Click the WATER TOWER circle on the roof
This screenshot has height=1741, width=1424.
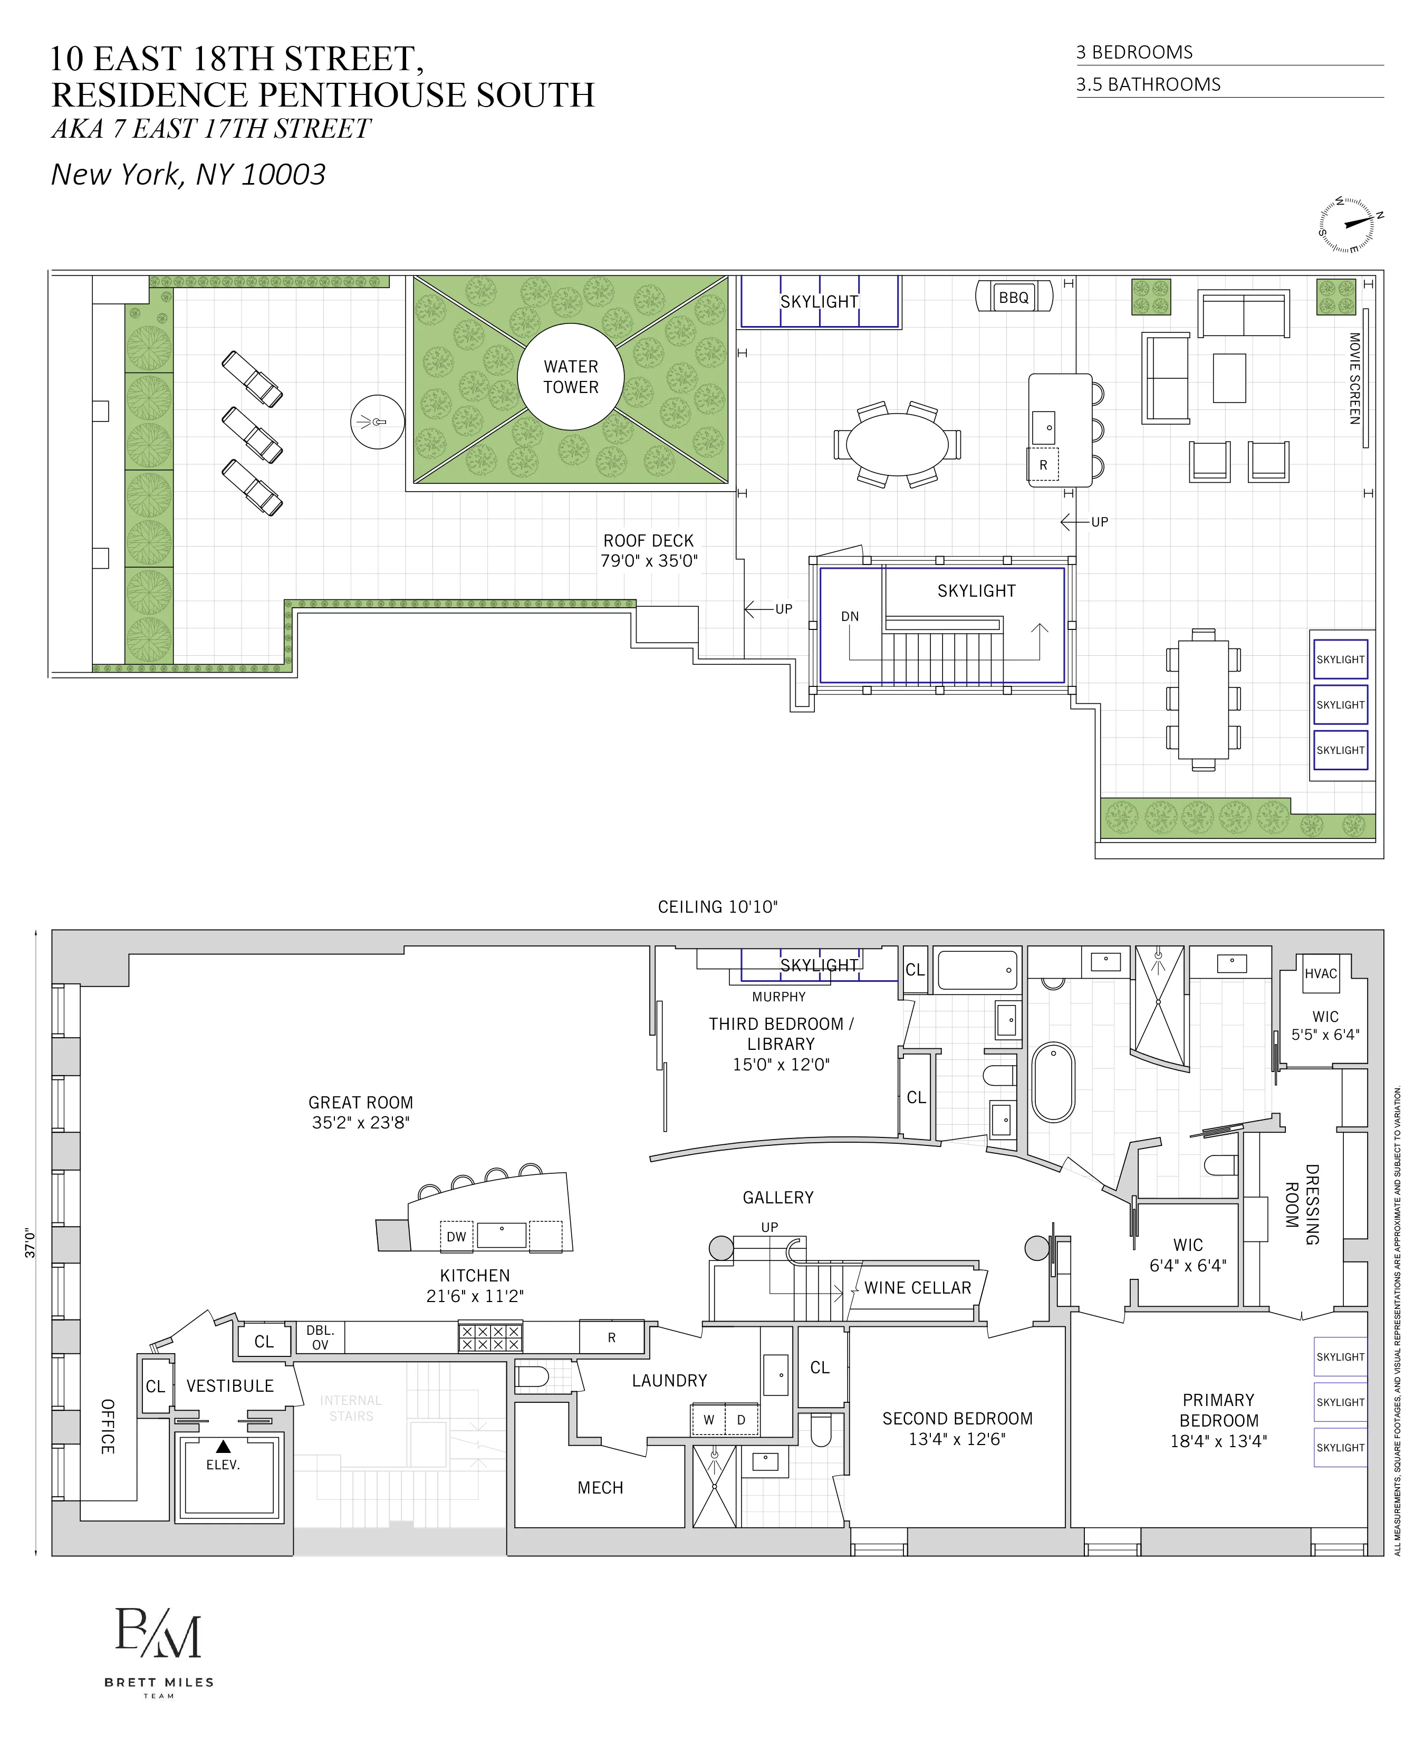571,377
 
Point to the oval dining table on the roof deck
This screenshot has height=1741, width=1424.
897,444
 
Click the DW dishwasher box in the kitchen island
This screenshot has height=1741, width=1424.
456,1237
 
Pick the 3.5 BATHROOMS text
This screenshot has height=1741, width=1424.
1148,84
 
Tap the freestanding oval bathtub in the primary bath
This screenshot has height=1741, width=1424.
1053,1082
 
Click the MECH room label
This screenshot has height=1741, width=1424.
600,1487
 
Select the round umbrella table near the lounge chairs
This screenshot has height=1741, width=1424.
377,422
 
